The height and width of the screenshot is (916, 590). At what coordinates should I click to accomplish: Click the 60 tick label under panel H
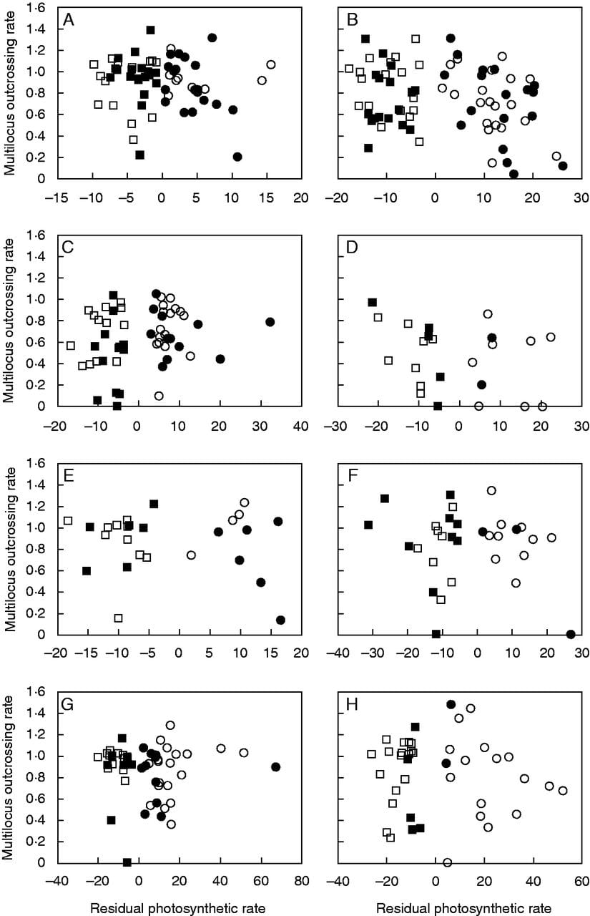pos(581,882)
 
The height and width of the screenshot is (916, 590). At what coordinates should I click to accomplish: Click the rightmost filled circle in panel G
pos(276,766)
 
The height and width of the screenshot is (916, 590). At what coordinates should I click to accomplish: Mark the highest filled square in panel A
pos(150,30)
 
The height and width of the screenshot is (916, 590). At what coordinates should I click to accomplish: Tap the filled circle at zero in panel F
pos(571,634)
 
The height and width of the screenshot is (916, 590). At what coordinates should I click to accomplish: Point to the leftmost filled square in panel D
pos(372,302)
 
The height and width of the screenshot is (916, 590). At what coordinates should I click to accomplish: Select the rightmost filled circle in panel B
pos(563,166)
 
